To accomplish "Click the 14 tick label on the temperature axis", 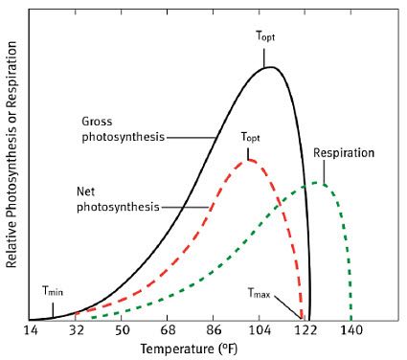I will pos(31,330).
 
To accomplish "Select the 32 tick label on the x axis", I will pos(77,330).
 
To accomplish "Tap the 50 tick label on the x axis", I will pos(122,330).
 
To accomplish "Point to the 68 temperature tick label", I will pos(168,330).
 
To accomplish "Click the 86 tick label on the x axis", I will pos(214,330).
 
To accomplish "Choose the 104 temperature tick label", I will pos(260,330).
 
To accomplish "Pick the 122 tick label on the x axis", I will pos(305,330).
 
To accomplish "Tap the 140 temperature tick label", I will pos(351,330).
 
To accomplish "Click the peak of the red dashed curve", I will pos(249,159).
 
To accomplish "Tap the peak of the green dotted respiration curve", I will pos(319,183).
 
